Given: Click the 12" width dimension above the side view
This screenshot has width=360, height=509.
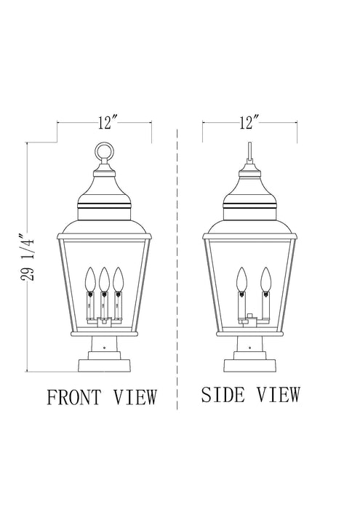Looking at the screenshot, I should click(x=252, y=123).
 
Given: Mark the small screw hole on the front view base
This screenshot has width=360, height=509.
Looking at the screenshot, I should click(x=104, y=348).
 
